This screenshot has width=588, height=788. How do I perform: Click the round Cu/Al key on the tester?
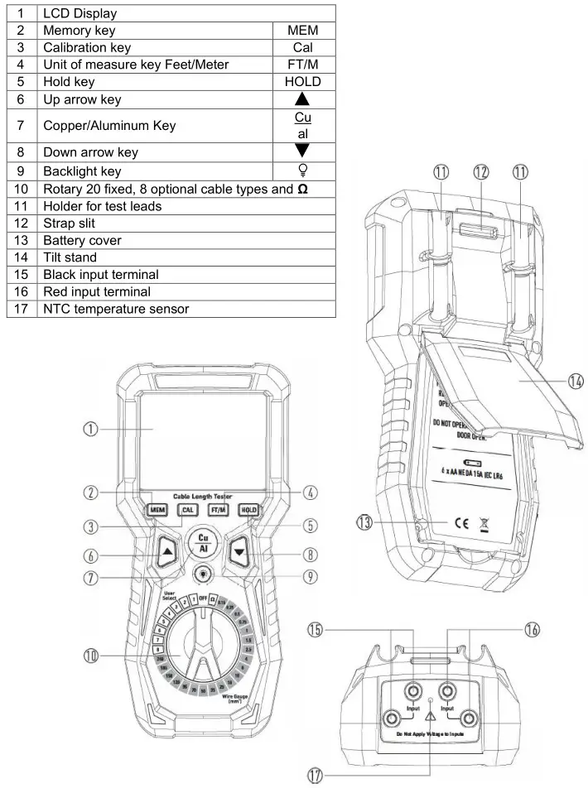[x=203, y=542]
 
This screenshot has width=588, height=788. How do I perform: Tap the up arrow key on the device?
[x=167, y=550]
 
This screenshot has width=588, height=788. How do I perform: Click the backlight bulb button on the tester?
[x=203, y=573]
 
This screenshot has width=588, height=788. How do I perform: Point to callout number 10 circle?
[x=94, y=656]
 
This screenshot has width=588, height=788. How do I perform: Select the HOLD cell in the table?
[x=302, y=82]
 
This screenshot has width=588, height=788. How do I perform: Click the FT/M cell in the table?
[x=302, y=65]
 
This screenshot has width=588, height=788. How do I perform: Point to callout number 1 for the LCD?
[x=94, y=429]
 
